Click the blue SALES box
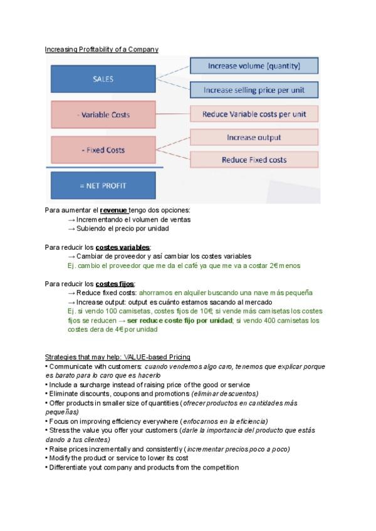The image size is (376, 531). click(103, 80)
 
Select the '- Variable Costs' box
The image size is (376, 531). click(103, 115)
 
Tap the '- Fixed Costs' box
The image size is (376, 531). click(103, 150)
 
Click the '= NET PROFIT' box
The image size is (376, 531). click(103, 185)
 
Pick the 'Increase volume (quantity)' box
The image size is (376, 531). click(254, 66)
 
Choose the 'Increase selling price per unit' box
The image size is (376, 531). click(254, 90)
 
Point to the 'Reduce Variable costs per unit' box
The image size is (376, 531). click(254, 115)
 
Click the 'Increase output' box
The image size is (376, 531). click(254, 137)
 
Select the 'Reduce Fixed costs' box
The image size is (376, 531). click(254, 160)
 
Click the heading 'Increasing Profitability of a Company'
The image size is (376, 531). click(102, 49)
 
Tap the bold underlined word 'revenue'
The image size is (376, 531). click(113, 210)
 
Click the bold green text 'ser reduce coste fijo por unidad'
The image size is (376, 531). click(180, 320)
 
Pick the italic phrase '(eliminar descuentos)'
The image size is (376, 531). click(217, 393)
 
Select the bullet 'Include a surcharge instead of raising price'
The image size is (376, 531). click(149, 384)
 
